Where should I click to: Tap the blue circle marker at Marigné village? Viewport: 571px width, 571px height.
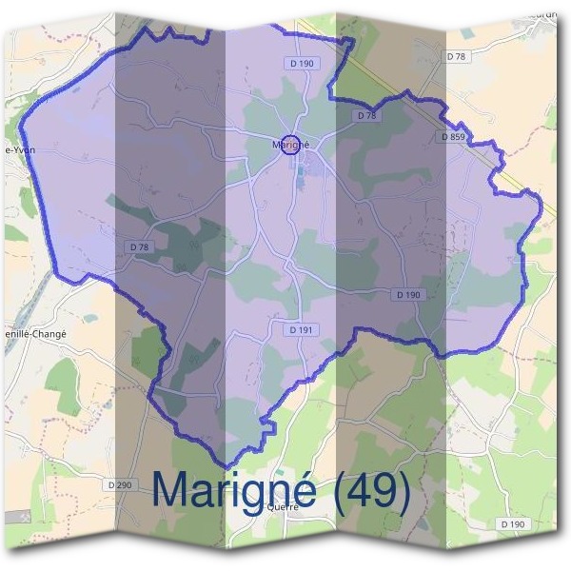pyautogui.click(x=292, y=146)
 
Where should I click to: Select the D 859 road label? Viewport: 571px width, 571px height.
pyautogui.click(x=453, y=137)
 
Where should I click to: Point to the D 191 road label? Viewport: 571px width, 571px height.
pyautogui.click(x=303, y=329)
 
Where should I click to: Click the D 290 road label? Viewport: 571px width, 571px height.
pyautogui.click(x=121, y=485)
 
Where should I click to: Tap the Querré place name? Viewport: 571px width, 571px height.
pyautogui.click(x=283, y=507)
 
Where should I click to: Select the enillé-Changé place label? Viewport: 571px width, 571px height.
pyautogui.click(x=31, y=334)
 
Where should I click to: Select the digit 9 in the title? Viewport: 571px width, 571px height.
pyautogui.click(x=389, y=489)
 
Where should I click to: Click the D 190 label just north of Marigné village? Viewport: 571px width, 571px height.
pyautogui.click(x=302, y=64)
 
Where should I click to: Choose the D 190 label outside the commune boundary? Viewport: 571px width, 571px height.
pyautogui.click(x=512, y=524)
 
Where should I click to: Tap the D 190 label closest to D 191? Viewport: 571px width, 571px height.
pyautogui.click(x=407, y=295)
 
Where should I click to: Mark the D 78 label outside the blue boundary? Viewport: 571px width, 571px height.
pyautogui.click(x=461, y=57)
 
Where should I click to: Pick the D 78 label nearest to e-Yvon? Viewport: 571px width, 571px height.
pyautogui.click(x=139, y=247)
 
